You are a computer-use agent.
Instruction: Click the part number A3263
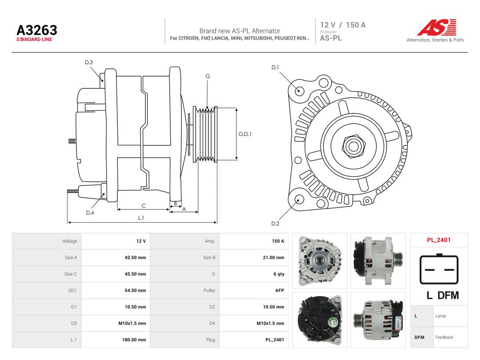click(37, 30)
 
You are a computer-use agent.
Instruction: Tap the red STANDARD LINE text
click(34, 40)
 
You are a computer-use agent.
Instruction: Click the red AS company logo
click(436, 27)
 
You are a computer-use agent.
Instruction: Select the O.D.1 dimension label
click(245, 134)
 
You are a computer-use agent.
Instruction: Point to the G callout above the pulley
click(208, 76)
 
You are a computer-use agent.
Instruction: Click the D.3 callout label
click(89, 62)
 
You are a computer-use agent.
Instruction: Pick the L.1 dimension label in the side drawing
click(141, 218)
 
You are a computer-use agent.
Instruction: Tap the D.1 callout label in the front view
click(275, 68)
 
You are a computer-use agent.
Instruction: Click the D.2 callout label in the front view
click(275, 224)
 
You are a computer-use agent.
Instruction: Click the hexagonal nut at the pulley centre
click(354, 146)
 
